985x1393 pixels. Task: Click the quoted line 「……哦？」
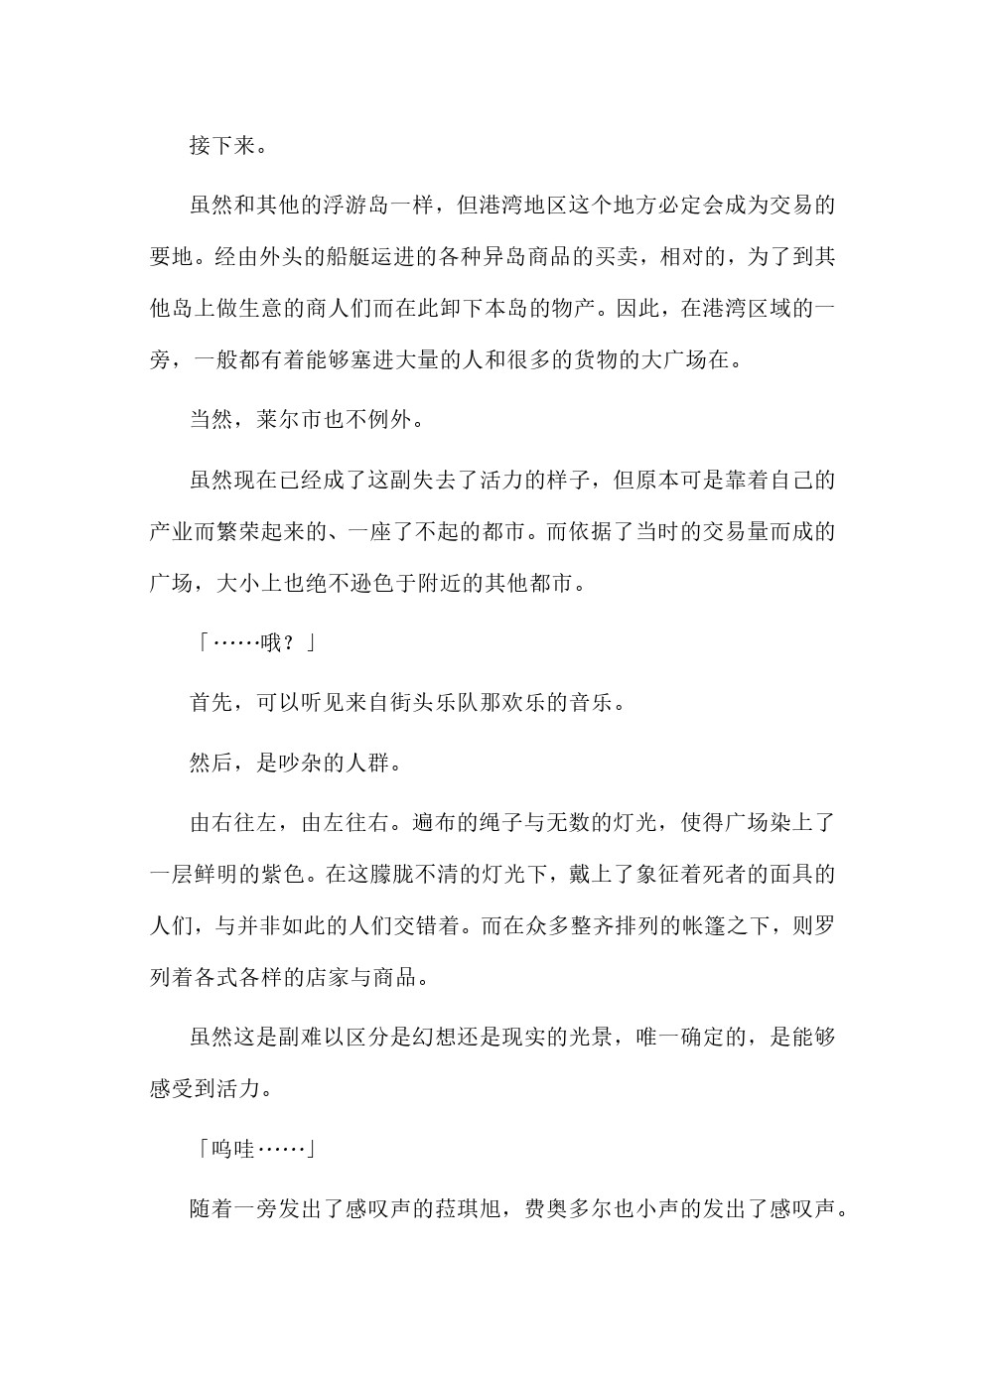[x=254, y=643]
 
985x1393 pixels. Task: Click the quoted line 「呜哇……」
[x=254, y=1150]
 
